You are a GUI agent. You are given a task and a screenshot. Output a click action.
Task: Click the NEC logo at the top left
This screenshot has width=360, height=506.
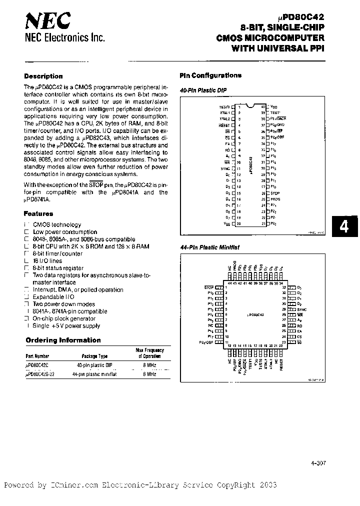(48, 21)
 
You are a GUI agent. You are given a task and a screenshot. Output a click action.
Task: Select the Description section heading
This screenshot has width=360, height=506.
(43, 76)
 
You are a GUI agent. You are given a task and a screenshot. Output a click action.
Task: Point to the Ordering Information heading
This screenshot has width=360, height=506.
(63, 340)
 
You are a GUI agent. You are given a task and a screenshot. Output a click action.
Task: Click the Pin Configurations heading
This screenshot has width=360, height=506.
(210, 75)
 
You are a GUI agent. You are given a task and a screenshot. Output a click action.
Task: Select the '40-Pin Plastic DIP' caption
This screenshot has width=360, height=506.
(200, 90)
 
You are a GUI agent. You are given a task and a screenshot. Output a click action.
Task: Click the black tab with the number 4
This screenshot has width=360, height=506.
(344, 228)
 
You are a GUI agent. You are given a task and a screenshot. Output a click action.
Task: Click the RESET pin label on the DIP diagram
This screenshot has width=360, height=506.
(225, 125)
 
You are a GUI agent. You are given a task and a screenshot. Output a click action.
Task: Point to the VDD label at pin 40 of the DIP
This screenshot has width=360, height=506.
(273, 107)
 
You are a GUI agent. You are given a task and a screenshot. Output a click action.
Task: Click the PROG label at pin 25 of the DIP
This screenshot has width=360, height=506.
(275, 199)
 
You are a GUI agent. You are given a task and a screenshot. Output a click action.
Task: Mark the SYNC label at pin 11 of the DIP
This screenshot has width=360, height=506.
(225, 168)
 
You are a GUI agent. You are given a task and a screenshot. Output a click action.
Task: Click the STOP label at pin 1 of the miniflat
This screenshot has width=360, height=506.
(209, 287)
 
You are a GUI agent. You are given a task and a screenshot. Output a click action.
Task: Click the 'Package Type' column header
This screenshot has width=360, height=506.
(95, 356)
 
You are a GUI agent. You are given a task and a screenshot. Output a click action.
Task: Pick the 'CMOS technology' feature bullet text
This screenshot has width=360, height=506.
(57, 225)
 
